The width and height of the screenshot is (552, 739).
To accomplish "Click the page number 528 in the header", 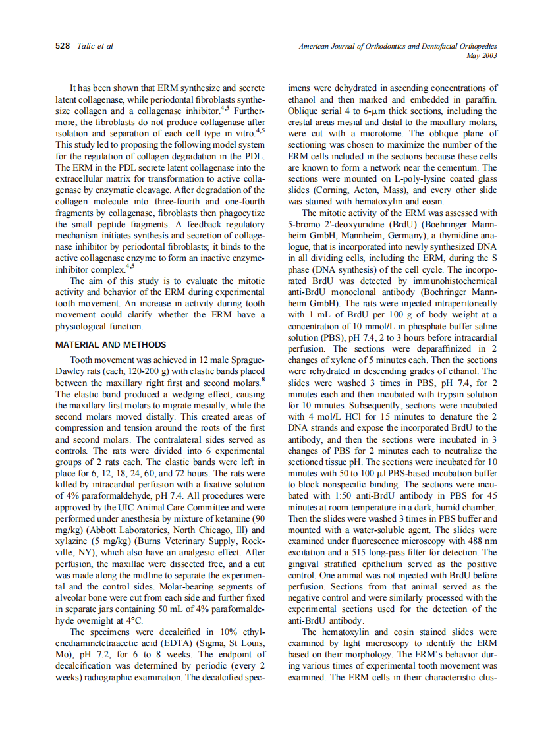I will (63, 46).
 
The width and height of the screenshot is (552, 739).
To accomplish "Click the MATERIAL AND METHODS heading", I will (111, 344).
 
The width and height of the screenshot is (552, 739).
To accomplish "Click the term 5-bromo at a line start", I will (306, 225).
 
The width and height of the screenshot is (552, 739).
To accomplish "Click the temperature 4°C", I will (134, 620).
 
